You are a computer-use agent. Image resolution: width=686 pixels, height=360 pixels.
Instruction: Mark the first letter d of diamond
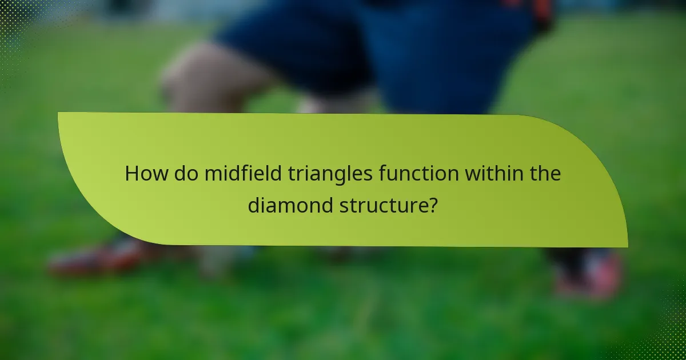pos(253,205)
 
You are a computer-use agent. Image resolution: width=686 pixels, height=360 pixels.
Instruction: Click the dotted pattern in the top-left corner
pos(14,34)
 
